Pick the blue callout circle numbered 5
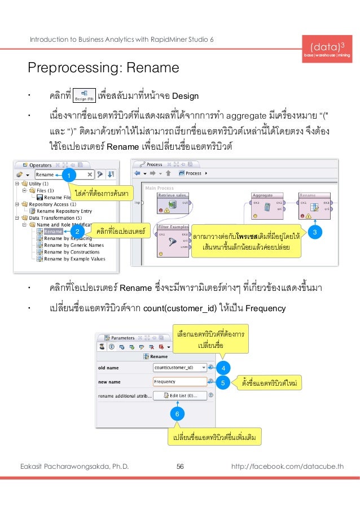(x=223, y=383)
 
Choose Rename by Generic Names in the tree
(x=73, y=245)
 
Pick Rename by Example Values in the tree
(x=74, y=259)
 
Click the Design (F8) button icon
(x=85, y=94)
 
